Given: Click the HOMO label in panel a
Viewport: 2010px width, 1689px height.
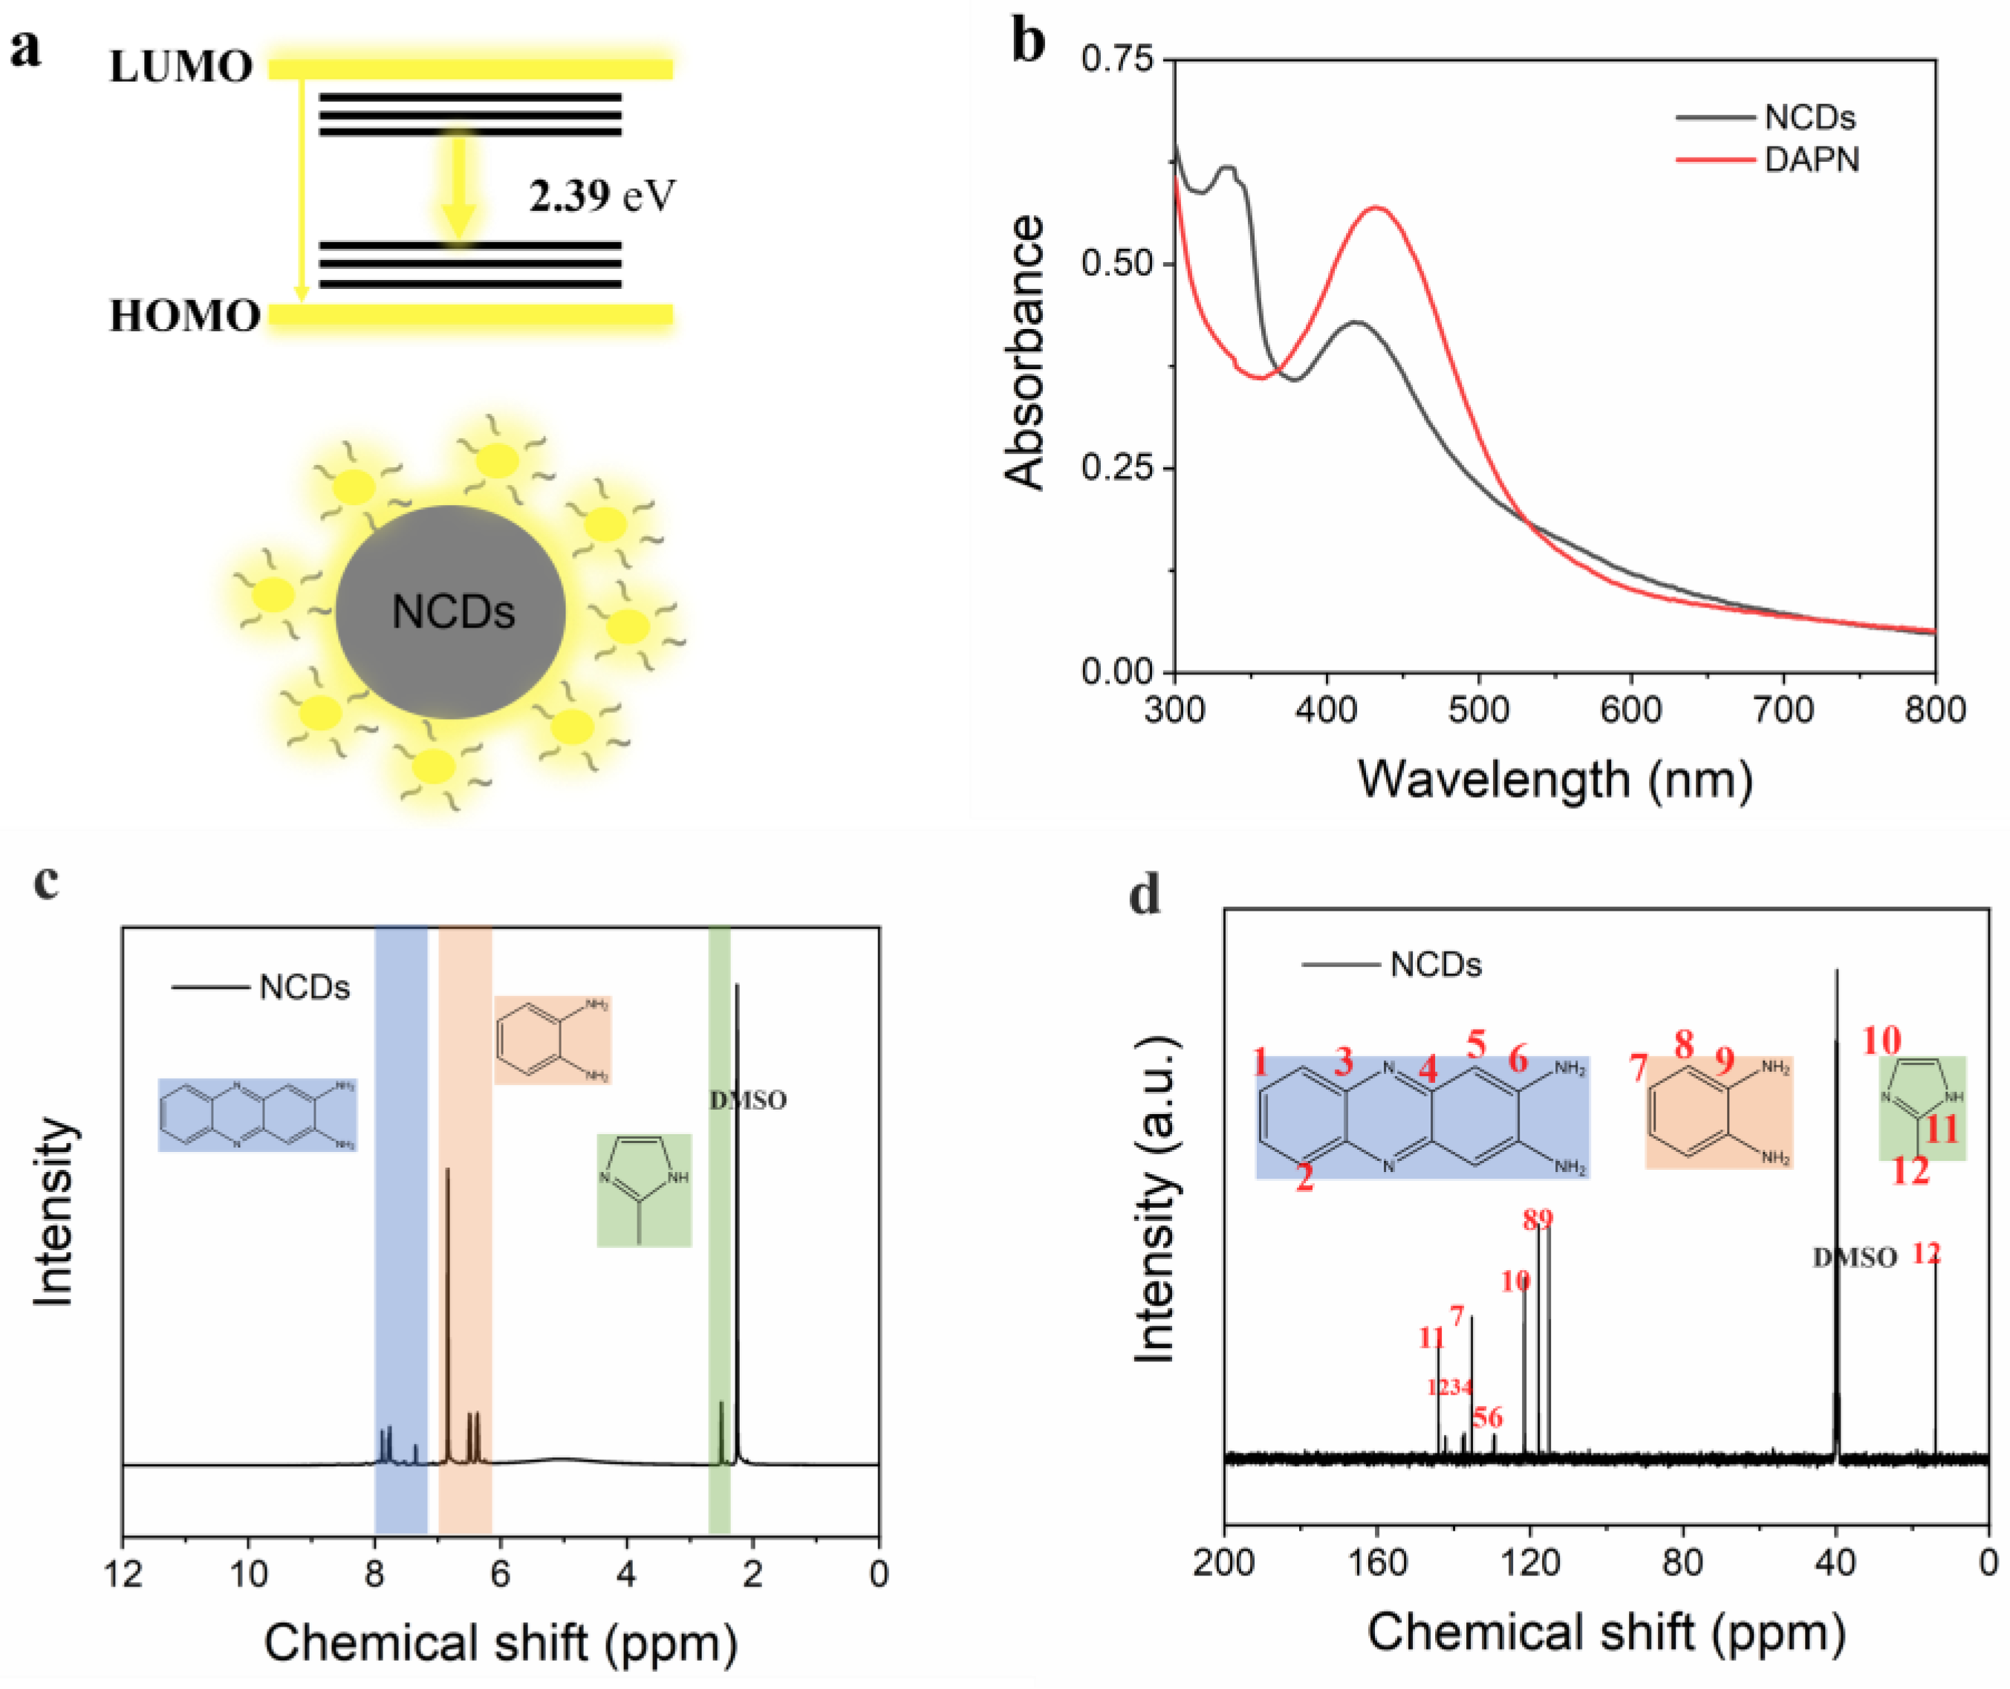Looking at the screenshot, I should tap(185, 316).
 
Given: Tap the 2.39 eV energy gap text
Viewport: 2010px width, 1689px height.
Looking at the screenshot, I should tap(602, 195).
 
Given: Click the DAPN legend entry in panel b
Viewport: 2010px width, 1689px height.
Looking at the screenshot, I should tap(1810, 159).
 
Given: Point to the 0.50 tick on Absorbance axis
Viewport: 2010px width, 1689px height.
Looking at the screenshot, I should tap(1116, 264).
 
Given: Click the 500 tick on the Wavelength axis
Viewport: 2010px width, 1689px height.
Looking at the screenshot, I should tap(1479, 711).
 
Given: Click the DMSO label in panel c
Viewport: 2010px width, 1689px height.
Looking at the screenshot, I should tap(748, 1100).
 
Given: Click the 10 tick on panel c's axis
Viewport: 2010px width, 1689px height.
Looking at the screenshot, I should tap(248, 1573).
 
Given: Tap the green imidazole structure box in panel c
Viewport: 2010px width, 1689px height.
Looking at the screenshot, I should tap(643, 1189).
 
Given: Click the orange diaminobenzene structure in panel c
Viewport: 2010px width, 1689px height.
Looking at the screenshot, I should tap(553, 1040).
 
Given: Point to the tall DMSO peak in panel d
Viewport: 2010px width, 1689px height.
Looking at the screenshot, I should tap(1835, 1053).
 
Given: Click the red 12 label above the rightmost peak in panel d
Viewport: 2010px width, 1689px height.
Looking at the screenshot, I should tap(1926, 1253).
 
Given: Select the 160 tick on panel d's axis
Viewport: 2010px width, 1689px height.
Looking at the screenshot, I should tap(1377, 1563).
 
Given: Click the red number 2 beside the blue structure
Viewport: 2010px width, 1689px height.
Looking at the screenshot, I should tap(1304, 1178).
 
